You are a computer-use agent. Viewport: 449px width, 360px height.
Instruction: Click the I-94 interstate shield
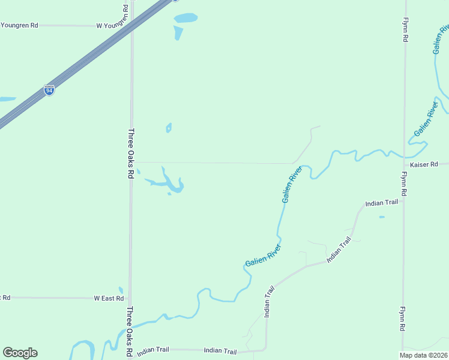click(49, 91)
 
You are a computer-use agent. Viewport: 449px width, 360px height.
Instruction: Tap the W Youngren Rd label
click(113, 26)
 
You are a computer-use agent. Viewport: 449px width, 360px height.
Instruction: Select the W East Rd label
click(109, 298)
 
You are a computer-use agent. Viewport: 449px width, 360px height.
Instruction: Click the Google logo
click(20, 353)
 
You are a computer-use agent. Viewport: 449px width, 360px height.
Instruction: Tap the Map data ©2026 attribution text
click(423, 355)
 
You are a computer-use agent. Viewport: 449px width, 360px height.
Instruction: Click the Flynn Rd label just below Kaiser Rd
click(405, 184)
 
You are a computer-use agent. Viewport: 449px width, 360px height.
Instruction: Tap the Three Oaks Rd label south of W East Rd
click(129, 332)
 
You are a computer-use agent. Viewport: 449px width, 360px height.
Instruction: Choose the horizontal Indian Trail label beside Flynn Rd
click(382, 203)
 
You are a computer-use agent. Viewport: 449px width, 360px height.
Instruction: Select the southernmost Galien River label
click(263, 256)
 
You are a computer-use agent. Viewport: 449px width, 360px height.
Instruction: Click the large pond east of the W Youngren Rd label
click(185, 18)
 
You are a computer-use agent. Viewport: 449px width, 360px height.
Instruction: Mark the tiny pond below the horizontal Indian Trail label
click(382, 217)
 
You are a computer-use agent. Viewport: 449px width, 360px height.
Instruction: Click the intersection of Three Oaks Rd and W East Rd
click(130, 298)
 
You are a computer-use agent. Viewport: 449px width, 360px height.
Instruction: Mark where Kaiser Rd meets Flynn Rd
click(405, 163)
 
